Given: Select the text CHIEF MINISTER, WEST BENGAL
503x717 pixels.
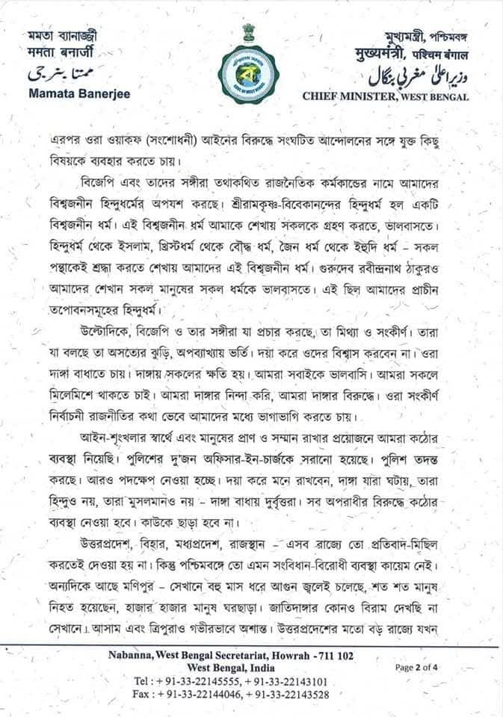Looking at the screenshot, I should click(x=386, y=96).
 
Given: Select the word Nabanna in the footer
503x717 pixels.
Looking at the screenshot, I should click(x=125, y=655).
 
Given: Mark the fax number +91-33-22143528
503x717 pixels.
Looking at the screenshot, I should click(x=289, y=694).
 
